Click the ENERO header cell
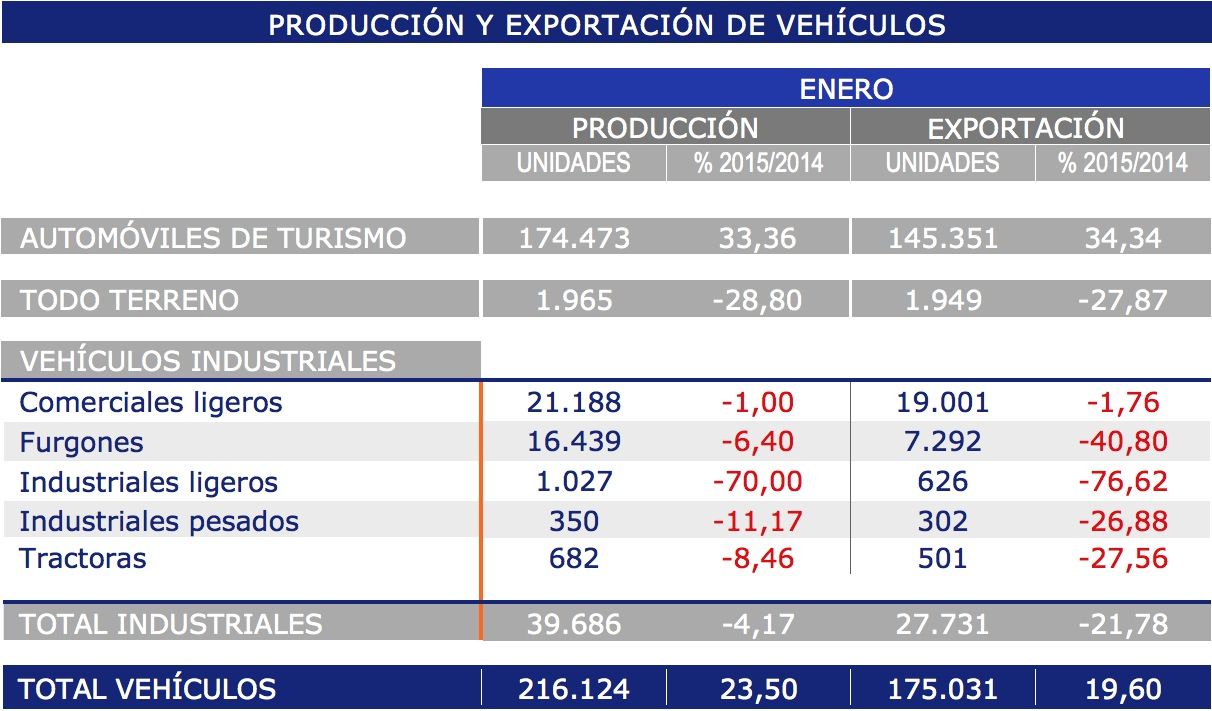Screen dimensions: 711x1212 (845, 88)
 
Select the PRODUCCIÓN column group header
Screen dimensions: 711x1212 (665, 127)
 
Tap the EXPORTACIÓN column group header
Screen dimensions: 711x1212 (1026, 127)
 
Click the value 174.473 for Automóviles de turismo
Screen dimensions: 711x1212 (574, 238)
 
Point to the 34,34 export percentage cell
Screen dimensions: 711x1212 (1122, 238)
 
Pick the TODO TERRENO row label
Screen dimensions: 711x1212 (130, 300)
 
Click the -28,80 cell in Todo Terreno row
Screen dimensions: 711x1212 (758, 300)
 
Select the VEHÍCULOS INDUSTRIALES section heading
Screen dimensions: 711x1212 (208, 361)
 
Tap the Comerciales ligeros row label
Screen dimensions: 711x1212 (151, 402)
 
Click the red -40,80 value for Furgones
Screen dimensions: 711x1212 (1122, 442)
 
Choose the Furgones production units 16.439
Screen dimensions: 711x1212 (574, 442)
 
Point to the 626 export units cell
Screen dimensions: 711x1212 (942, 482)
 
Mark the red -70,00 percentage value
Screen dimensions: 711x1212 (758, 482)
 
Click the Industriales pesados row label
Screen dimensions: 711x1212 (159, 521)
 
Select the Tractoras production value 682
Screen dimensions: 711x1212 (574, 558)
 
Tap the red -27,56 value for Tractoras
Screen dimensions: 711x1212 (1122, 558)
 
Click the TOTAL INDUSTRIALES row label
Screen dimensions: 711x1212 (171, 624)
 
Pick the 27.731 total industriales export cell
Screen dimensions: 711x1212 (942, 624)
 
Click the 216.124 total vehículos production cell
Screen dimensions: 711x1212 (574, 689)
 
